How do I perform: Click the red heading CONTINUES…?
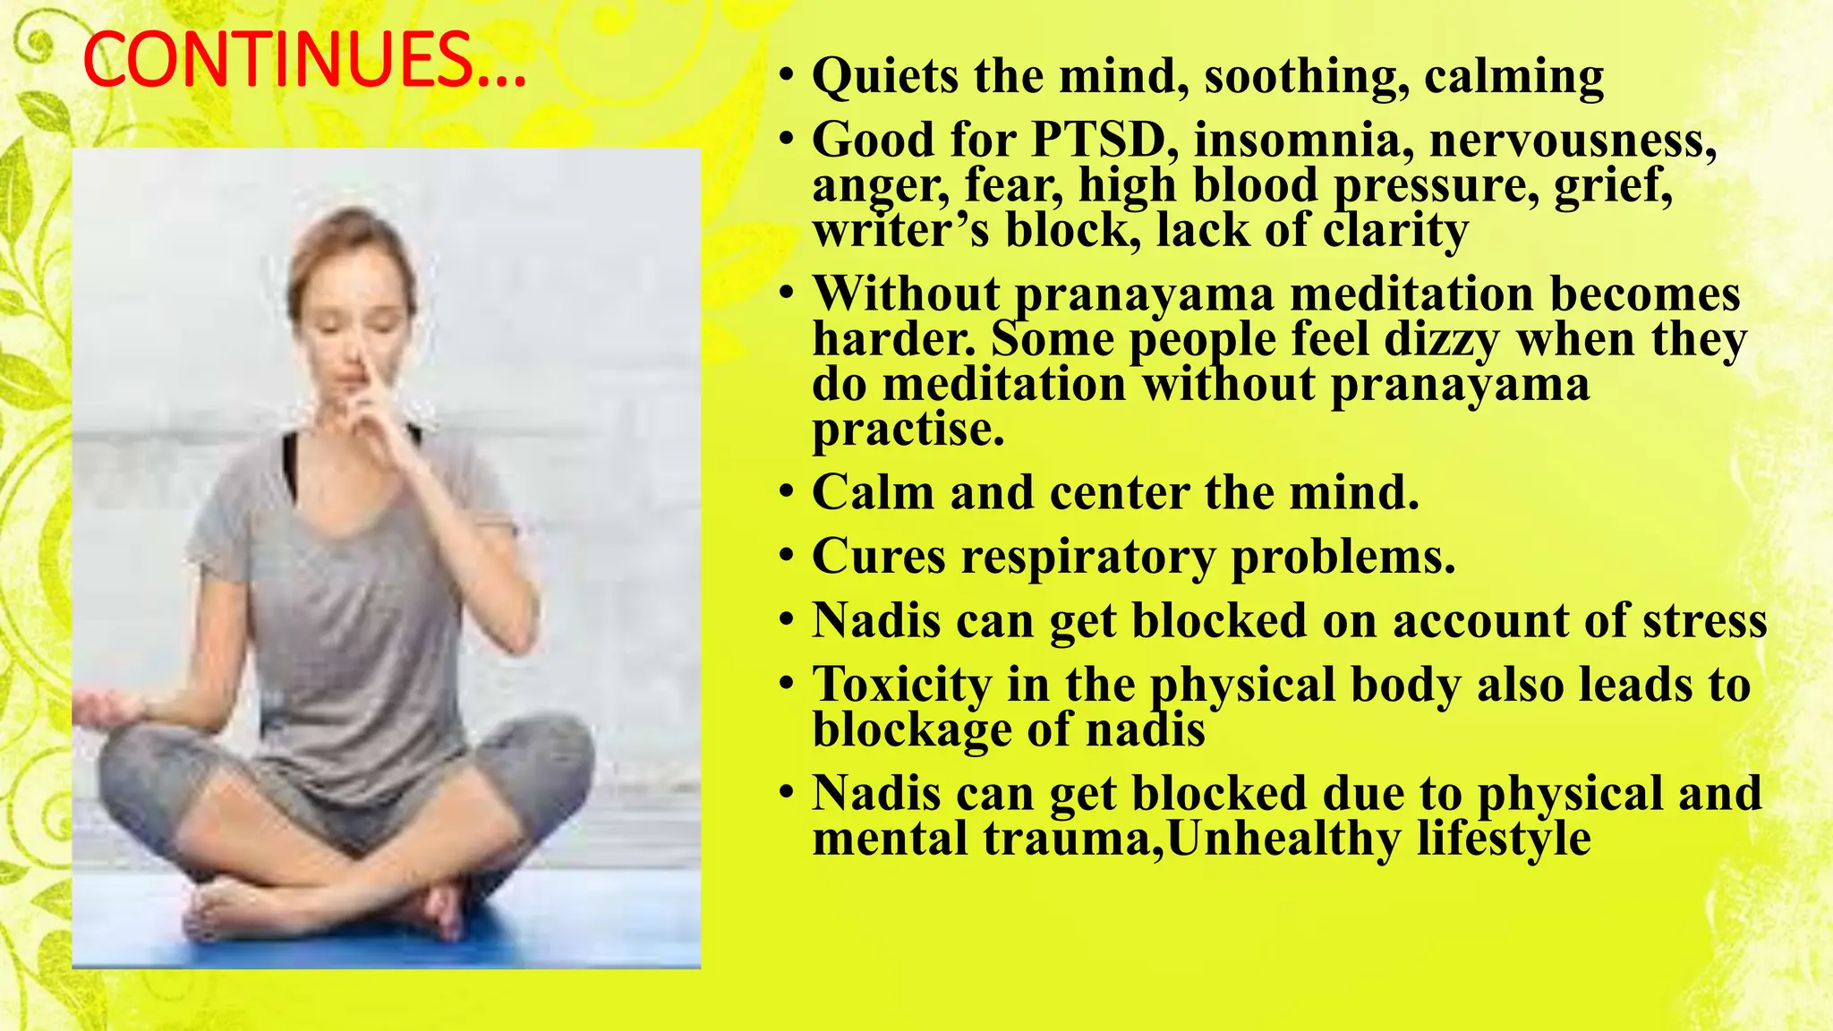(304, 61)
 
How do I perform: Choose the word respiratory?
(1088, 557)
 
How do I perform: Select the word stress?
(1704, 621)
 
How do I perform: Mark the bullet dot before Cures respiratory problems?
(786, 558)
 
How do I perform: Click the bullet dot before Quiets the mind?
(786, 77)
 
